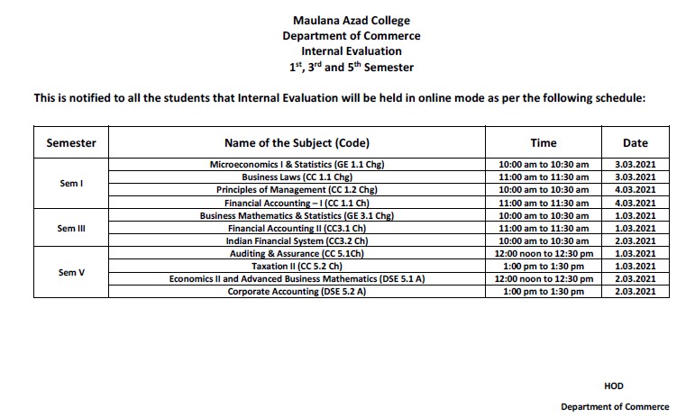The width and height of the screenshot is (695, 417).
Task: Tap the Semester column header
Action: point(70,142)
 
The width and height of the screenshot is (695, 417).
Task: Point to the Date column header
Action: point(635,142)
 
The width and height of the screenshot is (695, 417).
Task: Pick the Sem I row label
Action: point(70,184)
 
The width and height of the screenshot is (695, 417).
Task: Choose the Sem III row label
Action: point(70,229)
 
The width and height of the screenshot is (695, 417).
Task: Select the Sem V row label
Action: point(70,272)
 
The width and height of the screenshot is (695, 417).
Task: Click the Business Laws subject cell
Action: point(297,177)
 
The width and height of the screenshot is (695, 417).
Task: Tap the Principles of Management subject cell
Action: point(297,190)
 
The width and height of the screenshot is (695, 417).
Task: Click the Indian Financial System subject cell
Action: point(297,241)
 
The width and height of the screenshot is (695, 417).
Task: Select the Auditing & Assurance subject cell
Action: point(297,255)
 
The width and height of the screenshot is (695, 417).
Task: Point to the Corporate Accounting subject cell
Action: point(297,293)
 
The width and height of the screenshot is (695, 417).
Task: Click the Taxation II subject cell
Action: point(297,267)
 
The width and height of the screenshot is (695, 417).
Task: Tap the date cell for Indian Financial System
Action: point(635,241)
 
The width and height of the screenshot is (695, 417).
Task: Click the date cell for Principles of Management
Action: point(635,190)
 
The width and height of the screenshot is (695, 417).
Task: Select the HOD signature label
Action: point(613,385)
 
